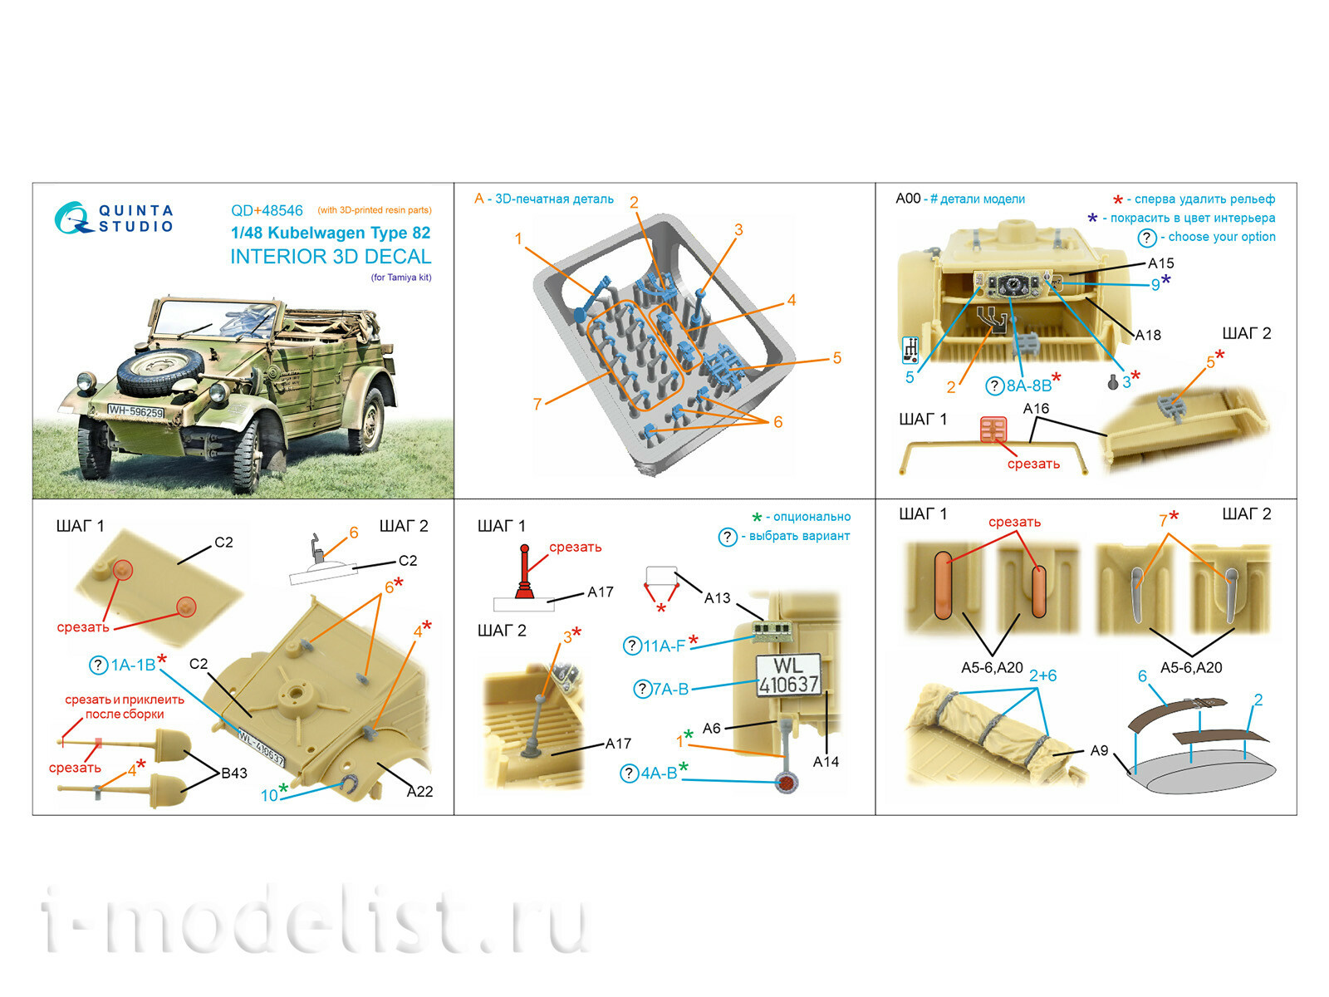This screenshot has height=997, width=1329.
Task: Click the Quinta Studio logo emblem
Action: (73, 218)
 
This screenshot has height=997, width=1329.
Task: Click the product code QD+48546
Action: (267, 211)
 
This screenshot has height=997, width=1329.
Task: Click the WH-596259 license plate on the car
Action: (135, 411)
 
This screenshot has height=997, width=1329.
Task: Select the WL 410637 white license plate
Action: (788, 675)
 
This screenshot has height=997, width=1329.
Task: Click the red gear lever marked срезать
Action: (524, 572)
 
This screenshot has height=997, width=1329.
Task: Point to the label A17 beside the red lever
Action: (600, 592)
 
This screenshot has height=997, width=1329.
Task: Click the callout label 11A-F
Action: (664, 646)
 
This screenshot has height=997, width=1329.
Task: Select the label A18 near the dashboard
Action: (1147, 335)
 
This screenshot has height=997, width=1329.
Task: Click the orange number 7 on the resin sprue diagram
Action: (537, 404)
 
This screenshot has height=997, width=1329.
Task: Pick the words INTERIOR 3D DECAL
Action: (331, 257)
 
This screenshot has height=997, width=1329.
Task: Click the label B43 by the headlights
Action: (233, 773)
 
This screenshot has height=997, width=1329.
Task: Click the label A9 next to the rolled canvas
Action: (1099, 750)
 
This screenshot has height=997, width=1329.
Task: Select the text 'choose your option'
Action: (1221, 237)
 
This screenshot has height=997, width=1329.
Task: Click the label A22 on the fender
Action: (419, 791)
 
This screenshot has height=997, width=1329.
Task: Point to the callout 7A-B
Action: (670, 689)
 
